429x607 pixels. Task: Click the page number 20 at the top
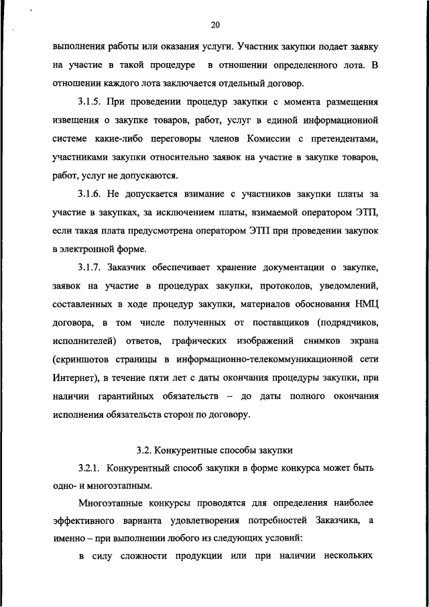214,25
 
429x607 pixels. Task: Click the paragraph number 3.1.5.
90,103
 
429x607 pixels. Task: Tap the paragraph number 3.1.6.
90,194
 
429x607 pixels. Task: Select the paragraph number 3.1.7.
90,268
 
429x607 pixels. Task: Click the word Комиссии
274,140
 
